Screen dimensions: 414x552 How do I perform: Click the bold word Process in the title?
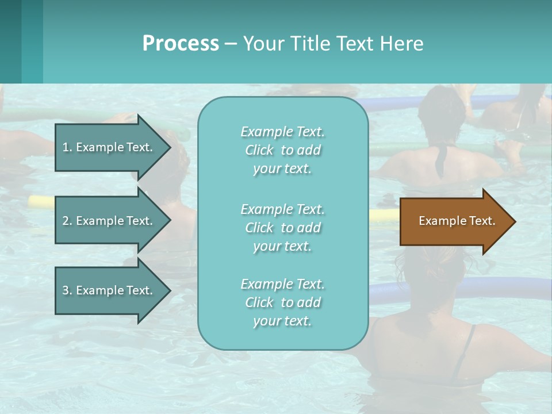[x=181, y=44]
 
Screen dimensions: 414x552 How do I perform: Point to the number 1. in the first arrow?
[x=67, y=147]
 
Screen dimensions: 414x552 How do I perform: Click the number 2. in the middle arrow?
[x=67, y=221]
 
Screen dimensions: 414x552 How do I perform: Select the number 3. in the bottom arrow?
[x=67, y=290]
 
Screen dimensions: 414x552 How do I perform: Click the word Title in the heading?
[x=309, y=44]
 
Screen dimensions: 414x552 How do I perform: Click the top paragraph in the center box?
[x=282, y=150]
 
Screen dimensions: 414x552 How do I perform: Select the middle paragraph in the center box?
[x=282, y=228]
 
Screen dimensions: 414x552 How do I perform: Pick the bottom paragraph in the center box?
[x=282, y=302]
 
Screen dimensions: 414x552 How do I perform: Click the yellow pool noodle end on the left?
[x=40, y=201]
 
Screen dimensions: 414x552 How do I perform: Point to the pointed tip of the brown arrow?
[x=513, y=221]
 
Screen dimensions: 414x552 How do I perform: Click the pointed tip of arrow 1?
[x=169, y=147]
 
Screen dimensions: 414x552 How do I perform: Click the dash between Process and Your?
[x=231, y=44]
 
